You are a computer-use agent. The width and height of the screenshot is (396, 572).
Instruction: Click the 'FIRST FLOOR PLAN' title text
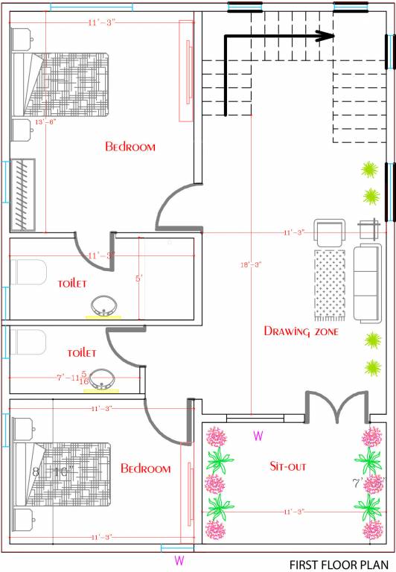[x=339, y=564]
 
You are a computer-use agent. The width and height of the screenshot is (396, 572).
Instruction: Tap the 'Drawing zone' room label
[x=301, y=331]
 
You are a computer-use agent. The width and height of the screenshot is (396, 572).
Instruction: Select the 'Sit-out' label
[x=290, y=466]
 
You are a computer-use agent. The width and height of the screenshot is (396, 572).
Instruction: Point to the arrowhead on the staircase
[x=326, y=35]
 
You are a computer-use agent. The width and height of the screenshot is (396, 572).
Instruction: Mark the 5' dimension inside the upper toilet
[x=138, y=280]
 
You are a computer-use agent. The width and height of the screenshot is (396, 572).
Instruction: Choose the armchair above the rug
[x=329, y=232]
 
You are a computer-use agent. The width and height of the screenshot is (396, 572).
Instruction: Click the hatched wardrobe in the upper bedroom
[x=24, y=195]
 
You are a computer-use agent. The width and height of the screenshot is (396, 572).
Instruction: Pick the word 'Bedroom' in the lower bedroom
[x=146, y=469]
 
